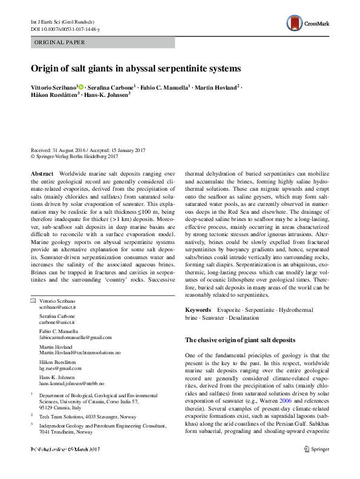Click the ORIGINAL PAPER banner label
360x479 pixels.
[59, 42]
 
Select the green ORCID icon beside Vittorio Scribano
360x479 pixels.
[81, 88]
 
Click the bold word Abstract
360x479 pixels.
[42, 173]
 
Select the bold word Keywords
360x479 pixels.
[198, 309]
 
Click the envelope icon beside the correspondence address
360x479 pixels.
[33, 302]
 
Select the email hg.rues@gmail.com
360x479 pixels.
[60, 368]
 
